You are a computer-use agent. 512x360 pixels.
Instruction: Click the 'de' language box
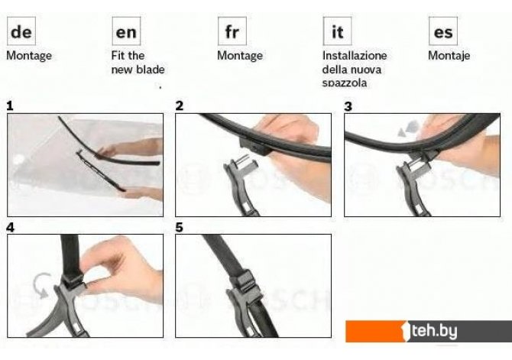coord(21,31)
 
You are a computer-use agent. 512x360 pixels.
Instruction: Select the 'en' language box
coord(126,31)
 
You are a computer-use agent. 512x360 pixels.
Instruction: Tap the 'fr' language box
coord(232,31)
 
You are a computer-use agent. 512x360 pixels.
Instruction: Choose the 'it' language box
coord(337,31)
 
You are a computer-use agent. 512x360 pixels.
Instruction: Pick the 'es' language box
coord(443,31)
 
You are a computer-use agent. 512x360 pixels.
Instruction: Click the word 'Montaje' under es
coord(449,56)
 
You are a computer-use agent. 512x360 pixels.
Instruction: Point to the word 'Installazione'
coord(355,55)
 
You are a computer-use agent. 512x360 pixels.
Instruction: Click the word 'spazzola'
coord(345,83)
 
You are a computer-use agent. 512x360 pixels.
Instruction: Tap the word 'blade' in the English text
coord(151,70)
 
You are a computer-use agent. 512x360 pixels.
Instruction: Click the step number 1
coord(10,105)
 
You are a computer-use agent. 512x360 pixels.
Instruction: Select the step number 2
coord(180,105)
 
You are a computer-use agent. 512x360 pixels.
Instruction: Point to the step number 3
coord(348,106)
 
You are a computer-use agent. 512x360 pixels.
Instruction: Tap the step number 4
coord(10,227)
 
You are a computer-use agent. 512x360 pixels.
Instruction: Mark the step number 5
coord(180,227)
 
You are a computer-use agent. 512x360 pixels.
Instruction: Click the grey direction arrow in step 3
coord(408,128)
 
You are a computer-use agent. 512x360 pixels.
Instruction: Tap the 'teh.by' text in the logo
coord(434,331)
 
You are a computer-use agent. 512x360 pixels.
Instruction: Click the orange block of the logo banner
coord(375,331)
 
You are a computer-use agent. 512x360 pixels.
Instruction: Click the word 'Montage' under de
coord(29,56)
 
